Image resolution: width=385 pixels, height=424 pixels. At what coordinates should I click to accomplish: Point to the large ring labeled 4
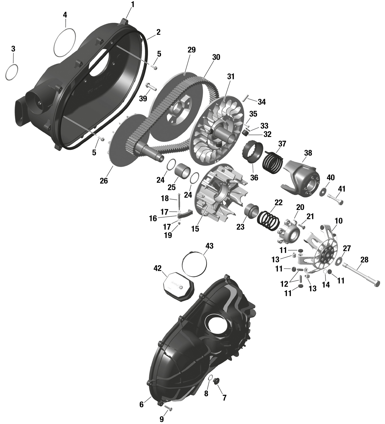tap(65, 43)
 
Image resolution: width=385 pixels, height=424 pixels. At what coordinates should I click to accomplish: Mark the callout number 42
tap(157, 268)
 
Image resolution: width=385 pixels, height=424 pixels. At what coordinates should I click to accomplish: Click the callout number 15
tap(195, 229)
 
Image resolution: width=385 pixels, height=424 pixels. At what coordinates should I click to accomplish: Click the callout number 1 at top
tap(133, 4)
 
